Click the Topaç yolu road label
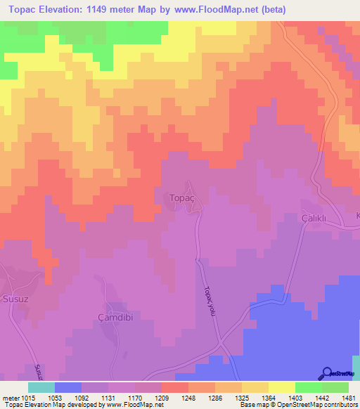[208, 301]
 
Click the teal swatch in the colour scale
[41, 387]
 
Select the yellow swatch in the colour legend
[281, 387]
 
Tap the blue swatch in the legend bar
[68, 387]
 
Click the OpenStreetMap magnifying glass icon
[326, 373]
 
